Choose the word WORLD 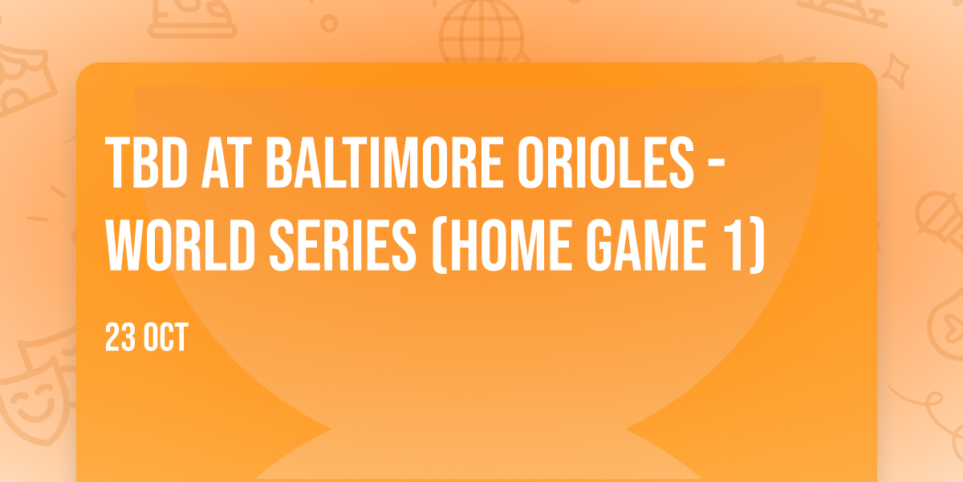(181, 245)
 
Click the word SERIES (343, 245)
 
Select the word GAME (646, 245)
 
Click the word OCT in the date (166, 337)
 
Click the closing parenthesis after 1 (758, 246)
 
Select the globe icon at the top (481, 31)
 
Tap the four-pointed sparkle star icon (896, 71)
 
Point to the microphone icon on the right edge (940, 220)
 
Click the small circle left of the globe (329, 23)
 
